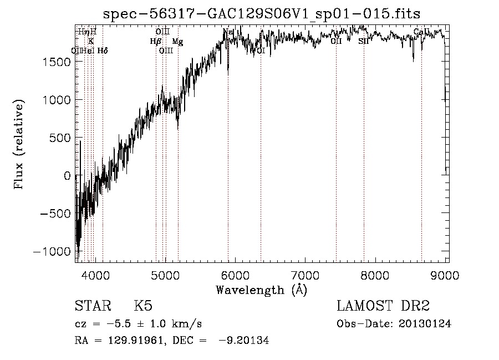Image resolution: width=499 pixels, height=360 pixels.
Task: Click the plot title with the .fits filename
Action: pos(262,13)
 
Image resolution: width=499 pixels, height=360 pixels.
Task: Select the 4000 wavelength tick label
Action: pos(95,275)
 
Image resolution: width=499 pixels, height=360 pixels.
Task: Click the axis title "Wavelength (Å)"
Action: pos(261,290)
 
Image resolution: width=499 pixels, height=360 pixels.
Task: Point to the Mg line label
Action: pos(177,42)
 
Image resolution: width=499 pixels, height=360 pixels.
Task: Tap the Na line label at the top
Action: pos(228,32)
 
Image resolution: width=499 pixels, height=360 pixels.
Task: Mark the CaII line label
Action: pos(421,32)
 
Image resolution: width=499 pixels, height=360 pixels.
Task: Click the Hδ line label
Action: pos(103,50)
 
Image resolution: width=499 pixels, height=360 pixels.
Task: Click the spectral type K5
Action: pos(143,306)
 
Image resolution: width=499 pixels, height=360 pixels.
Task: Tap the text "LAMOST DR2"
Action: pos(383,306)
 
